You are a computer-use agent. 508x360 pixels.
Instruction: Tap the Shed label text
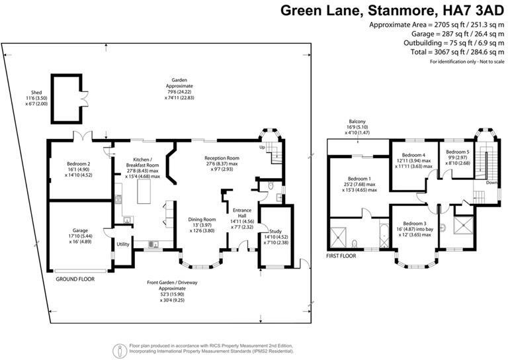[x=36, y=93]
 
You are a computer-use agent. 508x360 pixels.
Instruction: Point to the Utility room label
[x=123, y=245]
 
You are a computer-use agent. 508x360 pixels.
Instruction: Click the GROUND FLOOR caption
[x=75, y=279]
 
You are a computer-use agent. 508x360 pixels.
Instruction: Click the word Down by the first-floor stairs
[x=491, y=183]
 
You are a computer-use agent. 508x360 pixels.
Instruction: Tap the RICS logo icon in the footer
[x=120, y=348]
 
